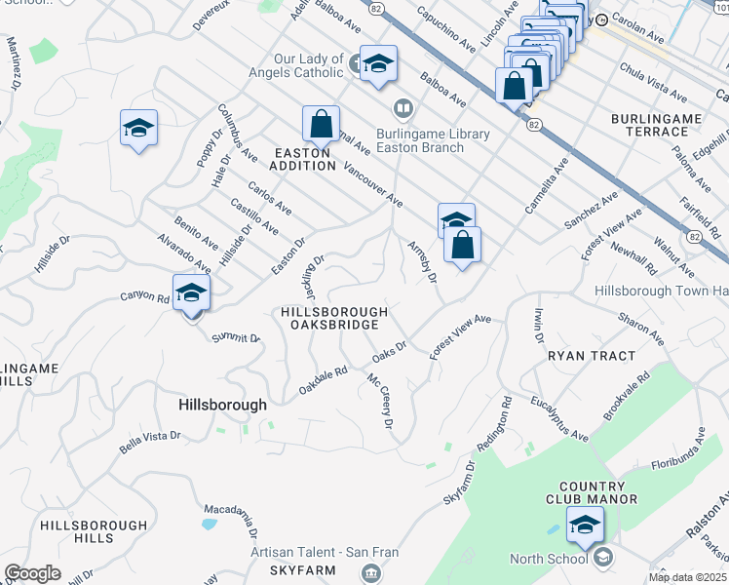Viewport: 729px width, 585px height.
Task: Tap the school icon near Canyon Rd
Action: click(x=192, y=293)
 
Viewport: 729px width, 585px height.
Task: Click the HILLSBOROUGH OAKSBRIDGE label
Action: click(x=334, y=319)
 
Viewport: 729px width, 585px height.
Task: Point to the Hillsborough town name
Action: click(x=222, y=404)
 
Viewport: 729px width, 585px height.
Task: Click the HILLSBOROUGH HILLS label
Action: click(x=81, y=531)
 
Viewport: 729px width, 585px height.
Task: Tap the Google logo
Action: click(x=33, y=572)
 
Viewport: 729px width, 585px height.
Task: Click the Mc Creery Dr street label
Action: click(x=380, y=401)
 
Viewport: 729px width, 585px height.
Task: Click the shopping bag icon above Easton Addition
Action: click(x=321, y=125)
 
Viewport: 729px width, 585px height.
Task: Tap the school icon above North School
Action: click(x=585, y=526)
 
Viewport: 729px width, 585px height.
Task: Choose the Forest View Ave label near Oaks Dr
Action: click(x=460, y=336)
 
